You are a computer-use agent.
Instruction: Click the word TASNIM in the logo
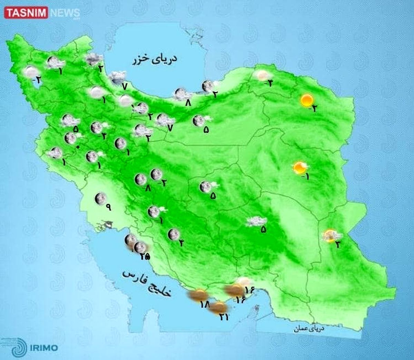26,13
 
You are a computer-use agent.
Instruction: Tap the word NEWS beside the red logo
65,13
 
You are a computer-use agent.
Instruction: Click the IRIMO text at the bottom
43,348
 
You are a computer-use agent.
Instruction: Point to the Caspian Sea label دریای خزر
155,60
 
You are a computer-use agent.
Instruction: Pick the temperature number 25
145,256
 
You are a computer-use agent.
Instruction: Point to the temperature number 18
205,304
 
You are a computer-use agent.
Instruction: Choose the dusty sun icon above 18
198,295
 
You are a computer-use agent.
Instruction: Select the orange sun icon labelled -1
299,168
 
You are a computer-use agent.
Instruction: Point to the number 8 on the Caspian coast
188,102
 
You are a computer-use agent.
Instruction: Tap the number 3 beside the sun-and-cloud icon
337,245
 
